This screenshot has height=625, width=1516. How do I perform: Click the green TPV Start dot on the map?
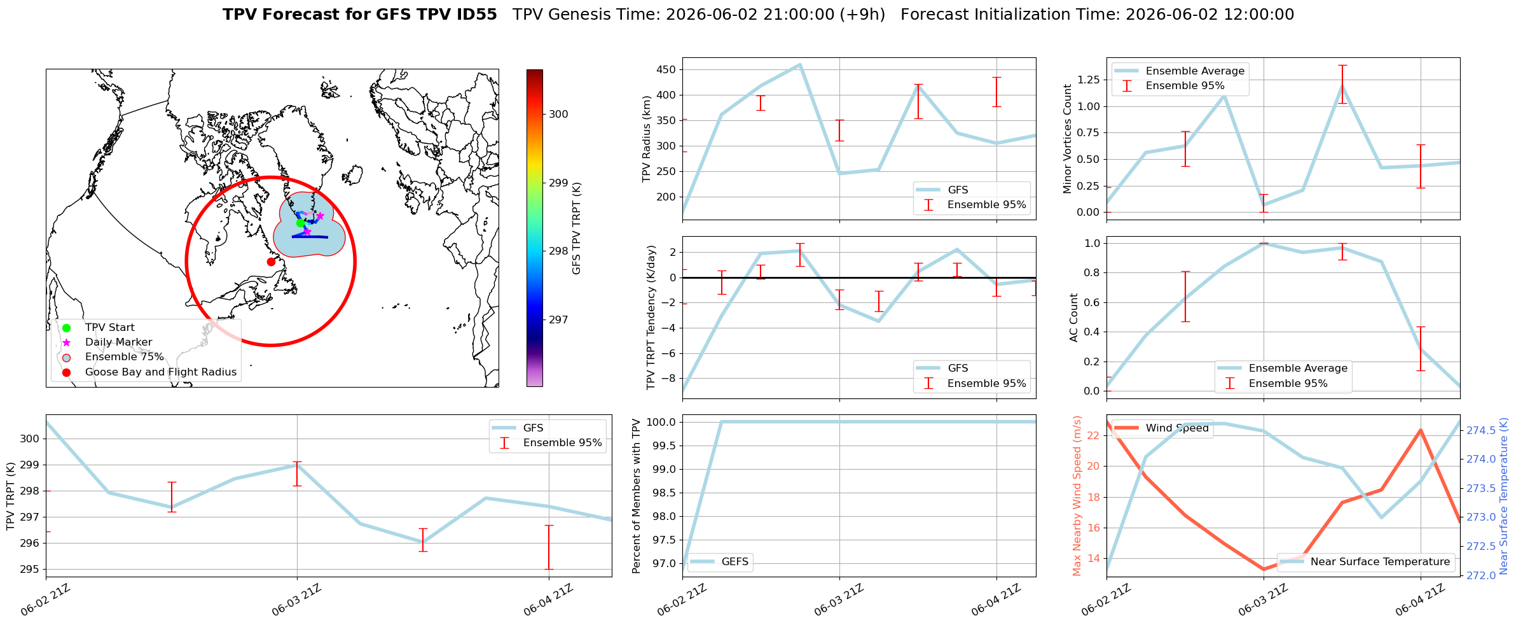point(300,223)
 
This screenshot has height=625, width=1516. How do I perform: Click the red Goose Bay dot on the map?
point(271,262)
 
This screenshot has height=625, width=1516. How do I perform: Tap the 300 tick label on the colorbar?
point(558,114)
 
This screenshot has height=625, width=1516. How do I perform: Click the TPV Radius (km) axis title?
point(647,139)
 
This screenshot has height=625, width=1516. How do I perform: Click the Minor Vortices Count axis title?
point(1068,139)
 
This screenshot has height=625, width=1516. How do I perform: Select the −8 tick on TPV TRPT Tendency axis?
point(670,378)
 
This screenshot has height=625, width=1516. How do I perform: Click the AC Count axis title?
point(1074,318)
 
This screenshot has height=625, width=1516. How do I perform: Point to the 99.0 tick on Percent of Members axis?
point(666,469)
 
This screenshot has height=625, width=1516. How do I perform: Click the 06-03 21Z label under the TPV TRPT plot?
point(297,601)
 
